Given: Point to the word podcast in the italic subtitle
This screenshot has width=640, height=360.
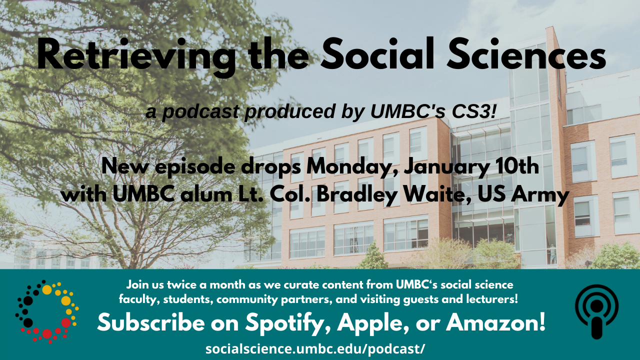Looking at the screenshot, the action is click(x=200, y=112).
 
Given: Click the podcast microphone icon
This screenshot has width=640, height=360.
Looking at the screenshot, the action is click(x=596, y=311).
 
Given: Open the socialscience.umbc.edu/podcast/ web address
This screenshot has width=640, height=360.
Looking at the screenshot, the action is click(x=315, y=349).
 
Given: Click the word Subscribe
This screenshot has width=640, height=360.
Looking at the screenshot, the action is click(x=151, y=322).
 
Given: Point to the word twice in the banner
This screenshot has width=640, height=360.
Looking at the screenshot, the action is click(x=183, y=285).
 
